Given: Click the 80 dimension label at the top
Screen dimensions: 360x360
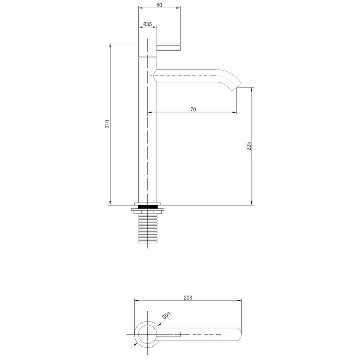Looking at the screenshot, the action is [159, 5].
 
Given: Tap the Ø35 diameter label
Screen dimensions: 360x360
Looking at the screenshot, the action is [147, 24].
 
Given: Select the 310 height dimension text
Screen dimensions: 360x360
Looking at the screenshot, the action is [107, 124].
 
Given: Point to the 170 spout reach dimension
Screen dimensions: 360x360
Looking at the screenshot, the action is [192, 109].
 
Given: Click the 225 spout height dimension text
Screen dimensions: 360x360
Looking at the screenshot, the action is [249, 146].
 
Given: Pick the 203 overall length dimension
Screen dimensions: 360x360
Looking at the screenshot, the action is [188, 298].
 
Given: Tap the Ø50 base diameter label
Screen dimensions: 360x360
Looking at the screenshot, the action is [166, 315].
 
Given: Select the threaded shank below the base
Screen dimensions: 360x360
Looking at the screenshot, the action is [147, 229].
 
